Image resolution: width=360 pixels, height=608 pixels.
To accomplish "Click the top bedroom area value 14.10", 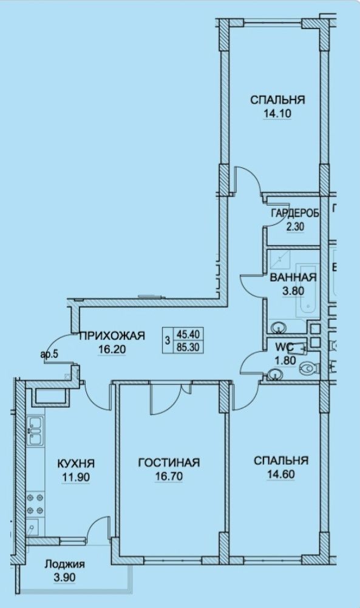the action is click(x=277, y=113).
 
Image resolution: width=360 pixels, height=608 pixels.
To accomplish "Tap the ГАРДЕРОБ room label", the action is click(x=295, y=213).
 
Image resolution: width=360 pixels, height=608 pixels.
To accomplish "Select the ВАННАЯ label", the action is click(x=293, y=278).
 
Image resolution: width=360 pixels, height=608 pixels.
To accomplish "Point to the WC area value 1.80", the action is click(x=285, y=361).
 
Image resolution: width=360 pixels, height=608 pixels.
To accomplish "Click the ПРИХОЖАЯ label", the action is click(x=112, y=336).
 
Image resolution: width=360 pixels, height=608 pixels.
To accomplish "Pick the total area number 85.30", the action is click(x=188, y=347).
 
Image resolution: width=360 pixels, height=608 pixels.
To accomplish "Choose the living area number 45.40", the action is click(x=188, y=334).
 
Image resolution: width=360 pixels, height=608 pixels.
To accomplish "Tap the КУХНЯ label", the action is click(x=76, y=464).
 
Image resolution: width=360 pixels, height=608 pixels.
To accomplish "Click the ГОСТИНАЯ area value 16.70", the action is click(x=169, y=476).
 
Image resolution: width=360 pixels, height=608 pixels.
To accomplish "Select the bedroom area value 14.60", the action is click(x=281, y=474).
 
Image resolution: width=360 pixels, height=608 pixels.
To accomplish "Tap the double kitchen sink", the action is click(x=35, y=430).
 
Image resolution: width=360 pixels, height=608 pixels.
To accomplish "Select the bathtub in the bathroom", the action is click(x=308, y=291).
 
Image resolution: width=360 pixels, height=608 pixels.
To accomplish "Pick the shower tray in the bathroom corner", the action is click(x=279, y=258).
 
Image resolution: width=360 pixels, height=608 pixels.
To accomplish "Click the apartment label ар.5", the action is click(x=49, y=354).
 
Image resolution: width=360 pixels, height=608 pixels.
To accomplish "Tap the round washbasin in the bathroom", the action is click(x=279, y=328).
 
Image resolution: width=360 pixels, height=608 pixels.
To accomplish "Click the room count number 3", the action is click(x=168, y=341).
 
